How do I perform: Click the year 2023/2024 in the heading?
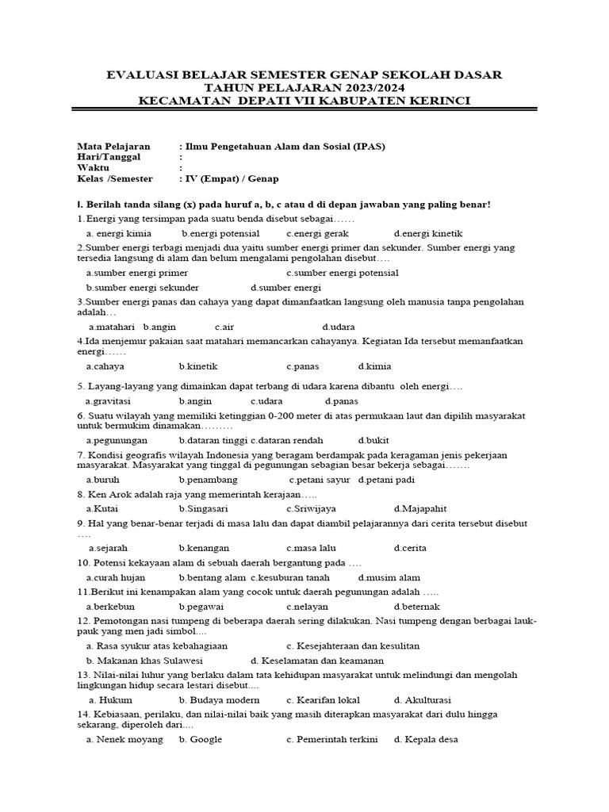(373, 88)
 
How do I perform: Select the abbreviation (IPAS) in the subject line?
(364, 147)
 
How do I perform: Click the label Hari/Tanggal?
(108, 157)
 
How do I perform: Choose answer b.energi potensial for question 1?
(220, 233)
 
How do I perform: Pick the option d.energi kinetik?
(428, 233)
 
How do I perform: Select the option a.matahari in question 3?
(112, 327)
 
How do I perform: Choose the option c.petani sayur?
(320, 480)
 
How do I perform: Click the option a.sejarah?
(109, 548)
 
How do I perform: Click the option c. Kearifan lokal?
(324, 700)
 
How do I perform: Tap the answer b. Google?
(201, 739)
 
